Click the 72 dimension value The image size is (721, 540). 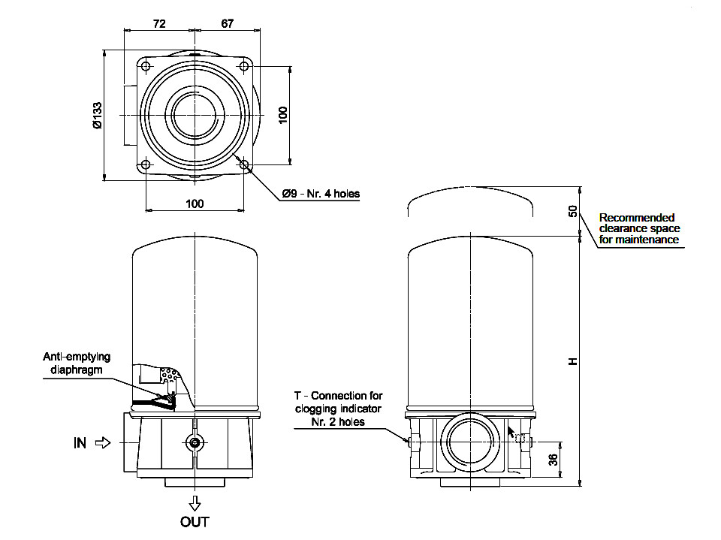coord(159,23)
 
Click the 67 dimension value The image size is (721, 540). coord(228,23)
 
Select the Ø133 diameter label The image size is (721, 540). coord(97,116)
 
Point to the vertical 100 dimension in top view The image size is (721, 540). coord(282,115)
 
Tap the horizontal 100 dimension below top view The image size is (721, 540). coord(195,204)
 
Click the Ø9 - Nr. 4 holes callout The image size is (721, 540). coord(321,194)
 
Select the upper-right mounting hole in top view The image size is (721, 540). coord(244,67)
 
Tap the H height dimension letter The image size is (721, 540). coord(573,361)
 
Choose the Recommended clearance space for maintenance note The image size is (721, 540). coord(639,228)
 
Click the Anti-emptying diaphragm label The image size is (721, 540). coord(77,363)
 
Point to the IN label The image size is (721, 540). coord(80,443)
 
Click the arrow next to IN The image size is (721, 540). coord(104,443)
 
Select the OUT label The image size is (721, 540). coord(195,521)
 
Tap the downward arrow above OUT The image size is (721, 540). coord(195,502)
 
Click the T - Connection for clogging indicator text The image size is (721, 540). coord(339,409)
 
